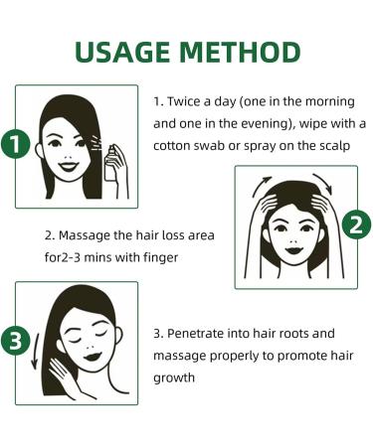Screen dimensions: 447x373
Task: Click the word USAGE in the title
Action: pyautogui.click(x=123, y=53)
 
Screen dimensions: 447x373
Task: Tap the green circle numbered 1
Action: pyautogui.click(x=14, y=145)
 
